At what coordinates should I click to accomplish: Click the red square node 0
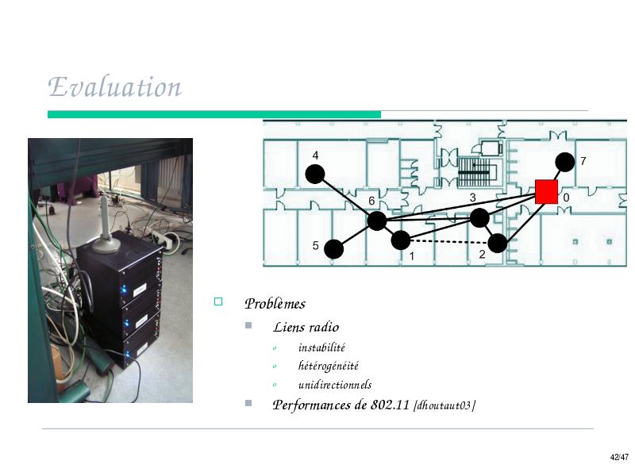[x=546, y=192]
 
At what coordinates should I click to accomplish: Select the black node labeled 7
[x=564, y=163]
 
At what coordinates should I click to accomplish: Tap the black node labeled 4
[x=314, y=174]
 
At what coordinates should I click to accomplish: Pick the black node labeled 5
[x=333, y=249]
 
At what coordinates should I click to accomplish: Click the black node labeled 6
[x=376, y=221]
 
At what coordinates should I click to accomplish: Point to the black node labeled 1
[x=401, y=240]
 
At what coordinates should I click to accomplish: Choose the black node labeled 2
[x=498, y=244]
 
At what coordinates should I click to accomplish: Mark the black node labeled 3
[x=479, y=218]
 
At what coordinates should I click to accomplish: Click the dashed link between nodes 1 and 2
[x=449, y=242]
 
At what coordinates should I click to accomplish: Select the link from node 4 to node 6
[x=346, y=198]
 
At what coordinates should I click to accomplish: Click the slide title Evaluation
[x=114, y=86]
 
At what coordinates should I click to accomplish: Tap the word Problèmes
[x=275, y=304]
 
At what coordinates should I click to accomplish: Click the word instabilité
[x=321, y=347]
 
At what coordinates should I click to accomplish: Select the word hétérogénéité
[x=329, y=366]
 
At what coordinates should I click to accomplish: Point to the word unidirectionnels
[x=335, y=384]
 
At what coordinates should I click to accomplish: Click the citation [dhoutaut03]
[x=444, y=405]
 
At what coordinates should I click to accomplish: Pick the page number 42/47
[x=619, y=458]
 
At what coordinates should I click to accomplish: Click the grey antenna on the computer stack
[x=106, y=227]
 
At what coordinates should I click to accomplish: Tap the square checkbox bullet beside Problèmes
[x=218, y=301]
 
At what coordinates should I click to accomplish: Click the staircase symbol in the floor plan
[x=474, y=172]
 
